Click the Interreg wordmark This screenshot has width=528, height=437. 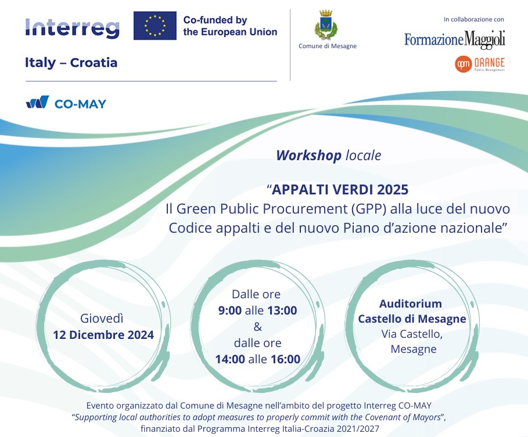73,28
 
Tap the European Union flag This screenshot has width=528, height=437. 155,26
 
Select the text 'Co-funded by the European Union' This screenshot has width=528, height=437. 231,26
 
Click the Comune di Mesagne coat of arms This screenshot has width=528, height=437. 326,24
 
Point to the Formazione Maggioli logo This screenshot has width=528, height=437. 455,39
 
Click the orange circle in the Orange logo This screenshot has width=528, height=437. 463,64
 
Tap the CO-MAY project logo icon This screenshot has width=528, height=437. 38,102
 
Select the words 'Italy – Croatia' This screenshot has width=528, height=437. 71,63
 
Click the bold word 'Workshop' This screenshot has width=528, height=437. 308,156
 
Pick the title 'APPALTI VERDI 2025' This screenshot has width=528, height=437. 340,190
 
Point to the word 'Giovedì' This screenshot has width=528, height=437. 102,318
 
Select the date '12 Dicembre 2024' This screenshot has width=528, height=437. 103,335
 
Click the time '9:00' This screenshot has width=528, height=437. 230,310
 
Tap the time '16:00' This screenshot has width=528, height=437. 286,359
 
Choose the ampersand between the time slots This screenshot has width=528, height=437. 257,327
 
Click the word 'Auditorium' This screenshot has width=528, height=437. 411,304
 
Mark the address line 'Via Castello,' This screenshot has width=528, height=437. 412,334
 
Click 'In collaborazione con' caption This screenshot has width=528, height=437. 474,20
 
